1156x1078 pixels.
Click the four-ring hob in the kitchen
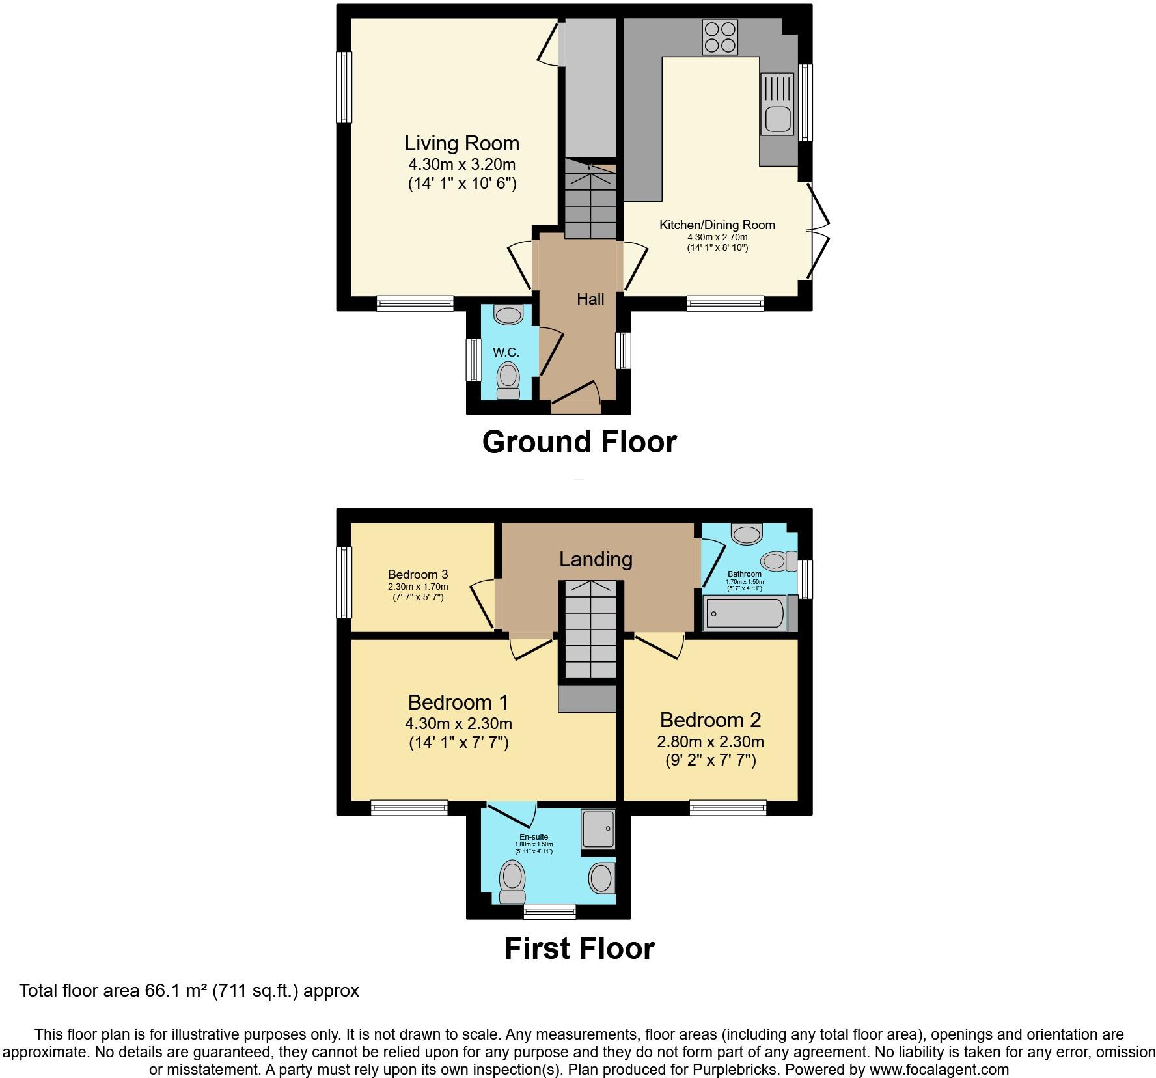coord(721,37)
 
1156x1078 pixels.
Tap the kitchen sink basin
coord(778,120)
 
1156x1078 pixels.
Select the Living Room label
coord(461,143)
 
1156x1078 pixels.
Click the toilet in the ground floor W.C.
coord(508,381)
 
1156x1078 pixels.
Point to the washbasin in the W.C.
coord(508,315)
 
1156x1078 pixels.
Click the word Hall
coord(590,299)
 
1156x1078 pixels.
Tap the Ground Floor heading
coord(579,442)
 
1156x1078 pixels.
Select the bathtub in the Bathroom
coord(745,613)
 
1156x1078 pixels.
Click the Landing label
coord(596,559)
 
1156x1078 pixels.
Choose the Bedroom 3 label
coord(417,574)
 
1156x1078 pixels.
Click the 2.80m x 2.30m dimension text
coord(710,741)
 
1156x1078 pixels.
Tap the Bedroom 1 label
coord(458,702)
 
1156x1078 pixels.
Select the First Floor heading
coord(579,948)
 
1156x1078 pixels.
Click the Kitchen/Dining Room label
coord(717,225)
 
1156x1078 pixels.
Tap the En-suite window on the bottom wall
coord(549,911)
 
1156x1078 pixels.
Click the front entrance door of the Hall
coord(575,397)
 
